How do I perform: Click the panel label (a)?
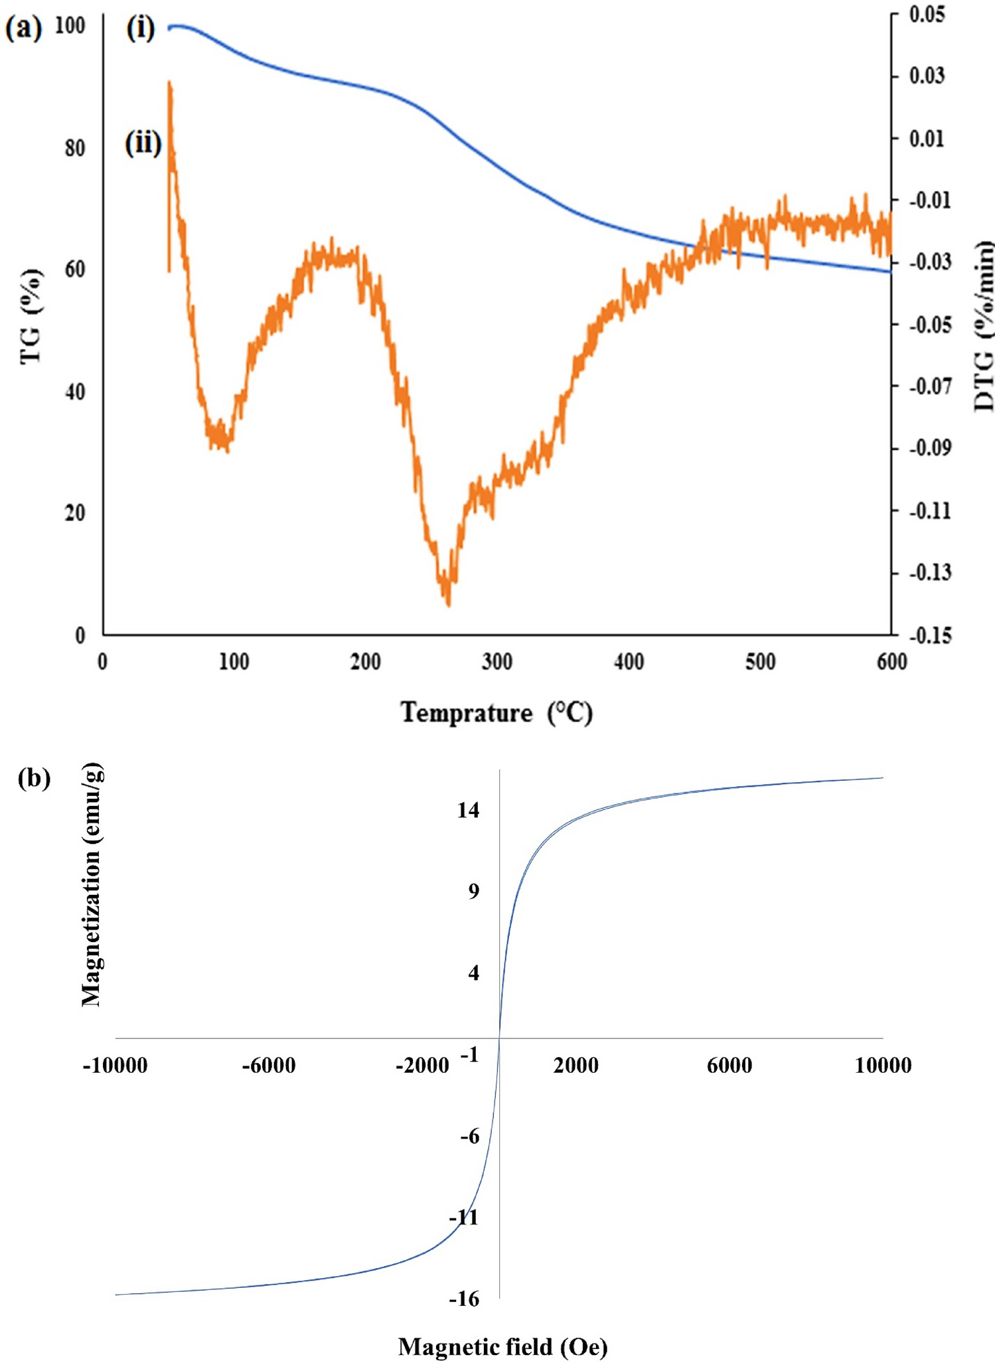[23, 29]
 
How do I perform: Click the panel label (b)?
[34, 777]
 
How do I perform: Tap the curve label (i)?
[141, 29]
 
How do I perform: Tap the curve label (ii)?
[143, 143]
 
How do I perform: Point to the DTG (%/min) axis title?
[983, 325]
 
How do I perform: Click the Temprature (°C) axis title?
[497, 712]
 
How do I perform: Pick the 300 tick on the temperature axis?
[497, 662]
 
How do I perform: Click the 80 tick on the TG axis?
[75, 148]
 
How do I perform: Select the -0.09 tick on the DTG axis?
[929, 448]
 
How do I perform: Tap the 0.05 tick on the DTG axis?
[927, 15]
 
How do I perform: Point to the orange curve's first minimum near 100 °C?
[226, 447]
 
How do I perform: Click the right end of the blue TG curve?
[889, 271]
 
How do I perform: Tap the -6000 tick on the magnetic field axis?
[268, 1066]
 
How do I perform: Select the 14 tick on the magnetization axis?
[468, 810]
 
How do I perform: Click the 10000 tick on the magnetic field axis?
[882, 1066]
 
